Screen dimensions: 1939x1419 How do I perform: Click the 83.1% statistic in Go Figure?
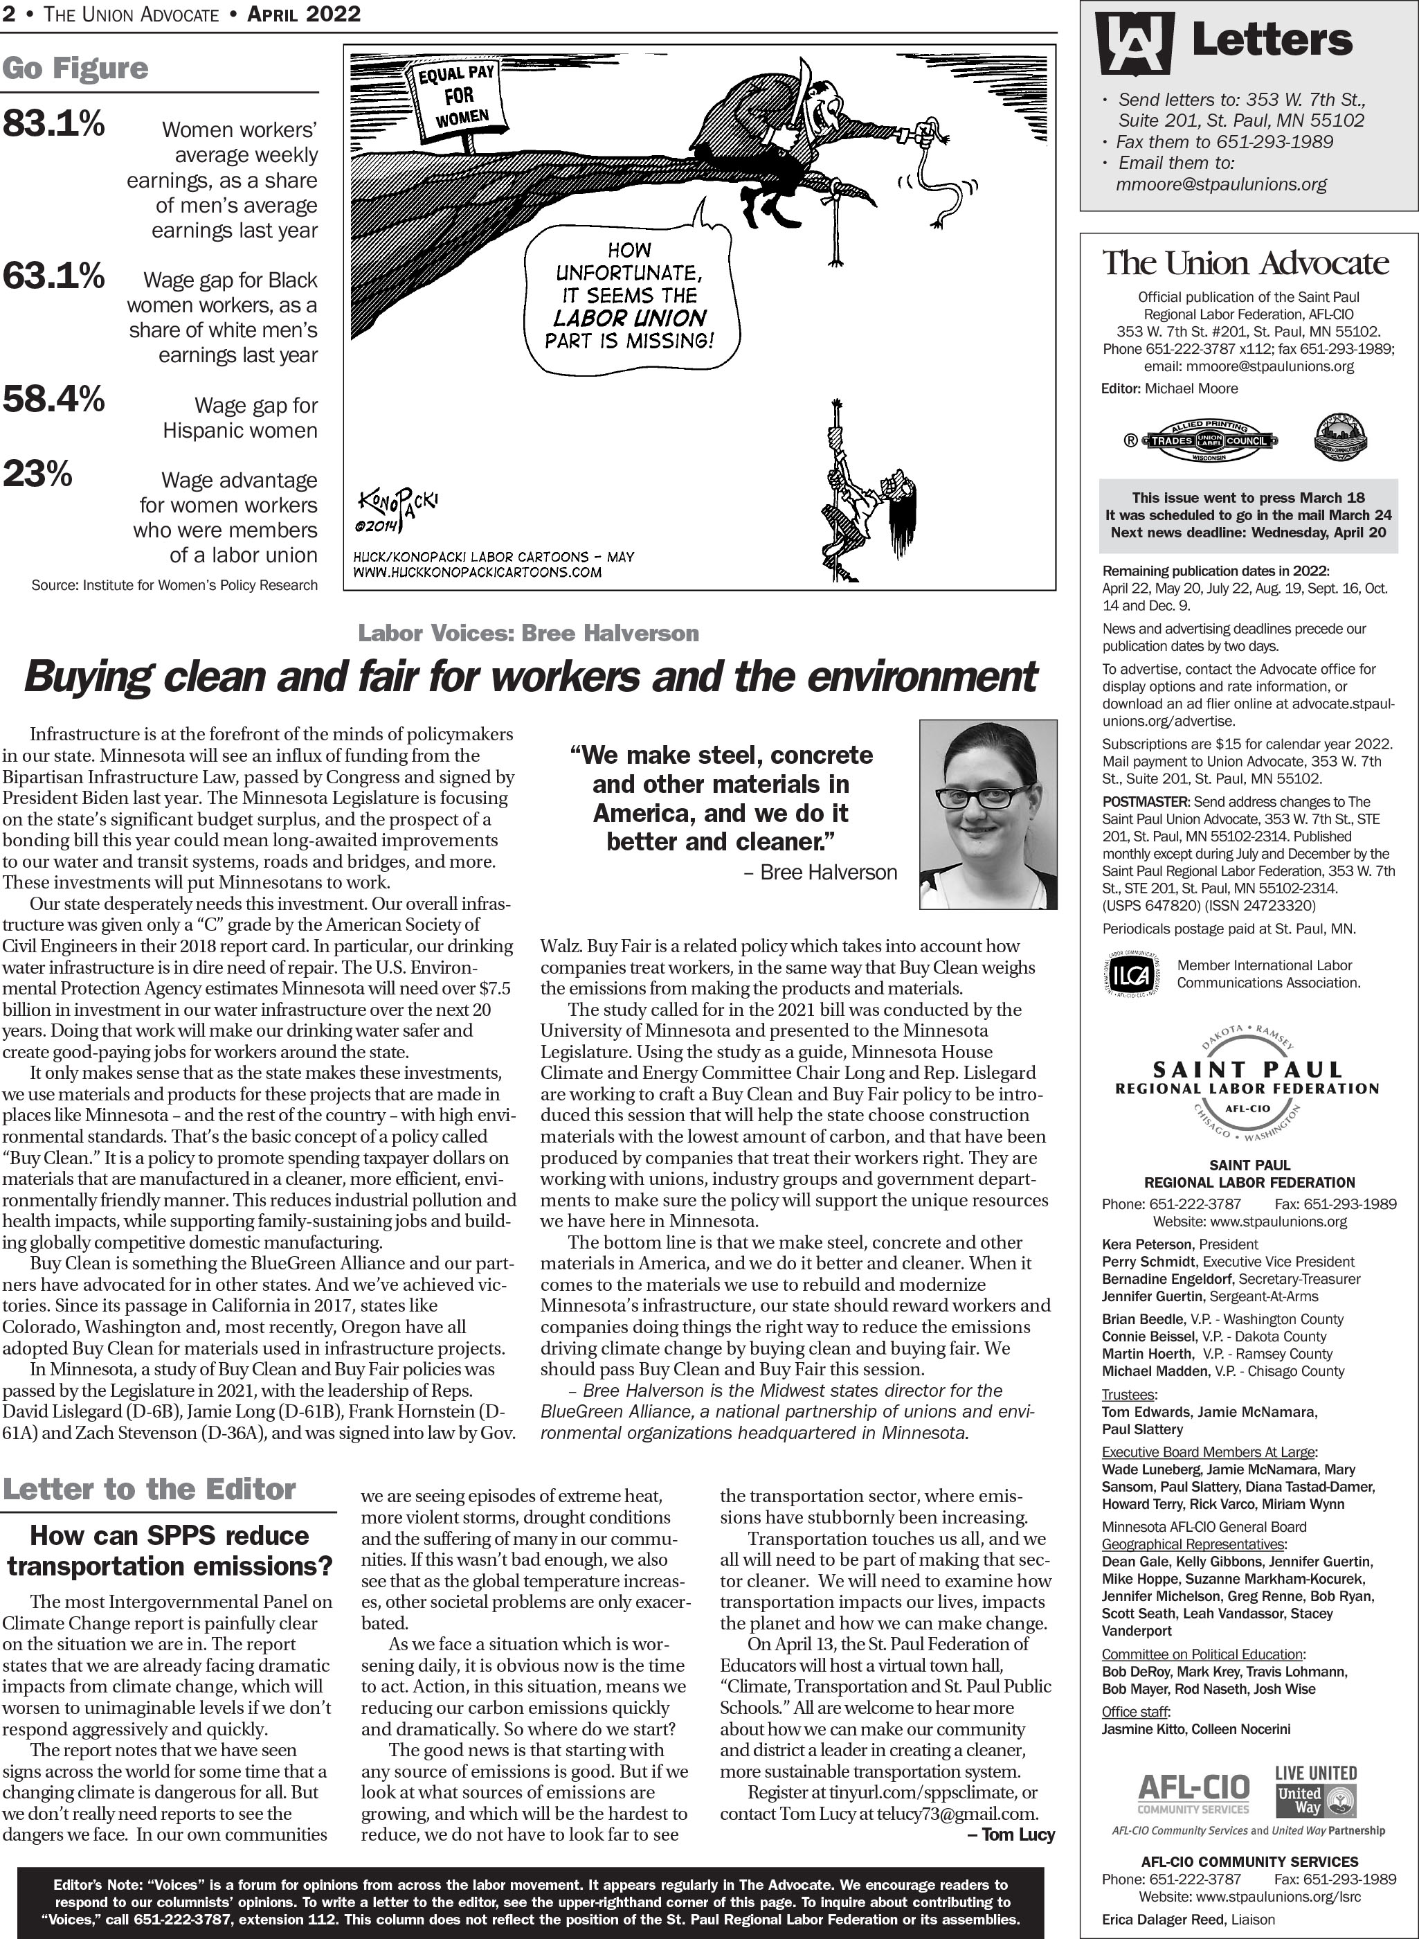click(x=53, y=125)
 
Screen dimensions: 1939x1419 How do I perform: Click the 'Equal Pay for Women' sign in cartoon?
click(x=456, y=98)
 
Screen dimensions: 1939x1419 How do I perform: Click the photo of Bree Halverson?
click(x=988, y=814)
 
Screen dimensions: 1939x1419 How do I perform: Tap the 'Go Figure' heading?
click(x=75, y=69)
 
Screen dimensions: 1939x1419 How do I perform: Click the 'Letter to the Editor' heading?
click(x=150, y=1489)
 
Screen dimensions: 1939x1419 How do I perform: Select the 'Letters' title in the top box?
click(x=1272, y=40)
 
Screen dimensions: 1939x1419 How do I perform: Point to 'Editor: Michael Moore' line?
click(x=1169, y=388)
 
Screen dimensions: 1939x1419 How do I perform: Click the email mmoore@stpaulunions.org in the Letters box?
click(x=1220, y=184)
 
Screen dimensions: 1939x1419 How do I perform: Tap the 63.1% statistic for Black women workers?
click(x=53, y=276)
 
